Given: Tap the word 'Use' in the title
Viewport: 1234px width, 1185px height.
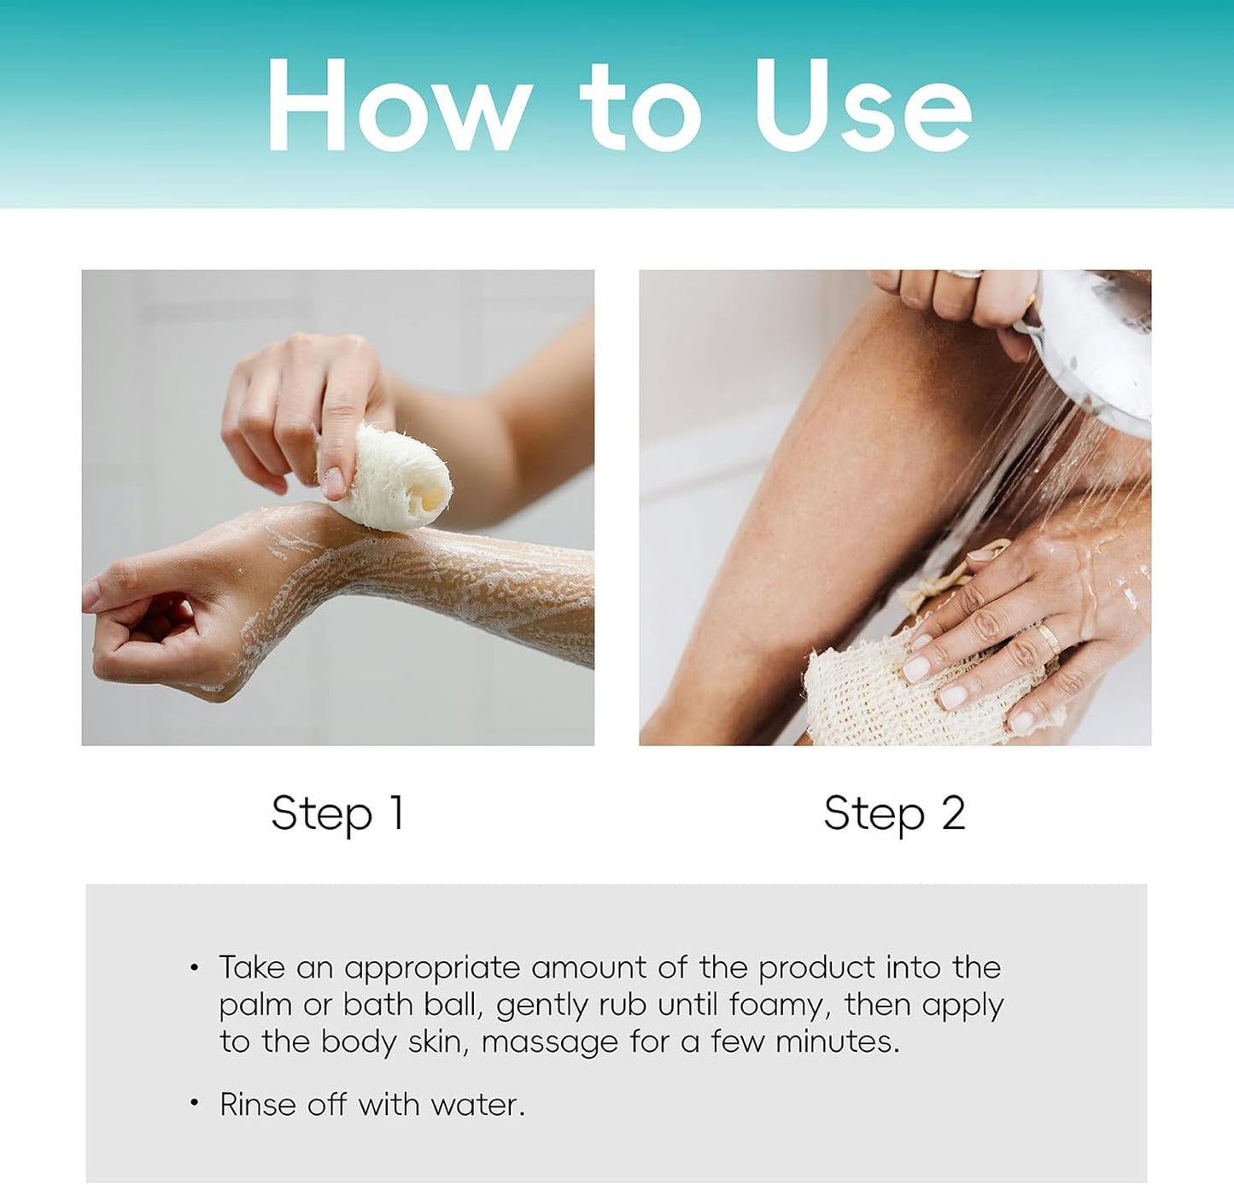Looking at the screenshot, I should tap(863, 107).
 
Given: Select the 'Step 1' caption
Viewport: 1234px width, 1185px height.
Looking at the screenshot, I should tap(337, 813).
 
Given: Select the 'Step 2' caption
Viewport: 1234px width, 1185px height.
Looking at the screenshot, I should tap(894, 813).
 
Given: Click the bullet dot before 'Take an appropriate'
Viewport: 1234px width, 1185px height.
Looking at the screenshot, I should tap(195, 968).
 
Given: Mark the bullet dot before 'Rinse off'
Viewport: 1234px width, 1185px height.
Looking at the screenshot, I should tap(195, 1105).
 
